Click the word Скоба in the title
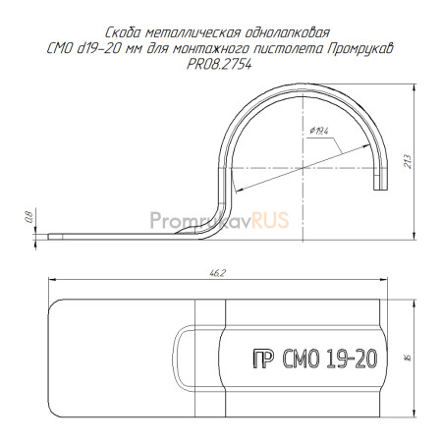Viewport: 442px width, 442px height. point(124,32)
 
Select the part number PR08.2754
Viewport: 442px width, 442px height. point(219,65)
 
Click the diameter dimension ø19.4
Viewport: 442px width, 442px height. point(318,131)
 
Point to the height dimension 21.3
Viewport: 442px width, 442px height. point(408,161)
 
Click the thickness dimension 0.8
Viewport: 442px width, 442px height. point(29,217)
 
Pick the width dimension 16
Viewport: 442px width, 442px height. point(408,358)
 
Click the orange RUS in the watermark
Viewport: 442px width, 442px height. point(270,220)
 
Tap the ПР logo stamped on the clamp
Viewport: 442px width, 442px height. point(263,359)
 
